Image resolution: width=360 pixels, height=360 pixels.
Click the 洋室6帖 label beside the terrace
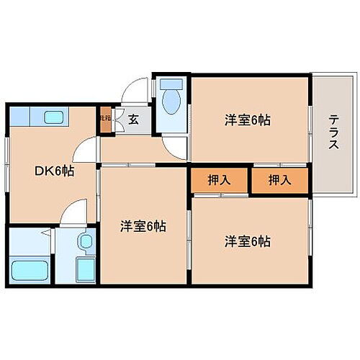coord(246,120)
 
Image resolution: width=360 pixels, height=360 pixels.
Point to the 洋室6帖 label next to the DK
coord(143,226)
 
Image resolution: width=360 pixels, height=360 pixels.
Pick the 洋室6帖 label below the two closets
coord(246,241)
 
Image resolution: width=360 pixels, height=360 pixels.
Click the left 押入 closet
coord(220,180)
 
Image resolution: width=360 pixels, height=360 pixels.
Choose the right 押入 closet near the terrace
coord(280,180)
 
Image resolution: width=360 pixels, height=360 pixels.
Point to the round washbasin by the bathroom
coord(86,241)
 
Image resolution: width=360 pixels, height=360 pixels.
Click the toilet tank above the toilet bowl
coord(172,84)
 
